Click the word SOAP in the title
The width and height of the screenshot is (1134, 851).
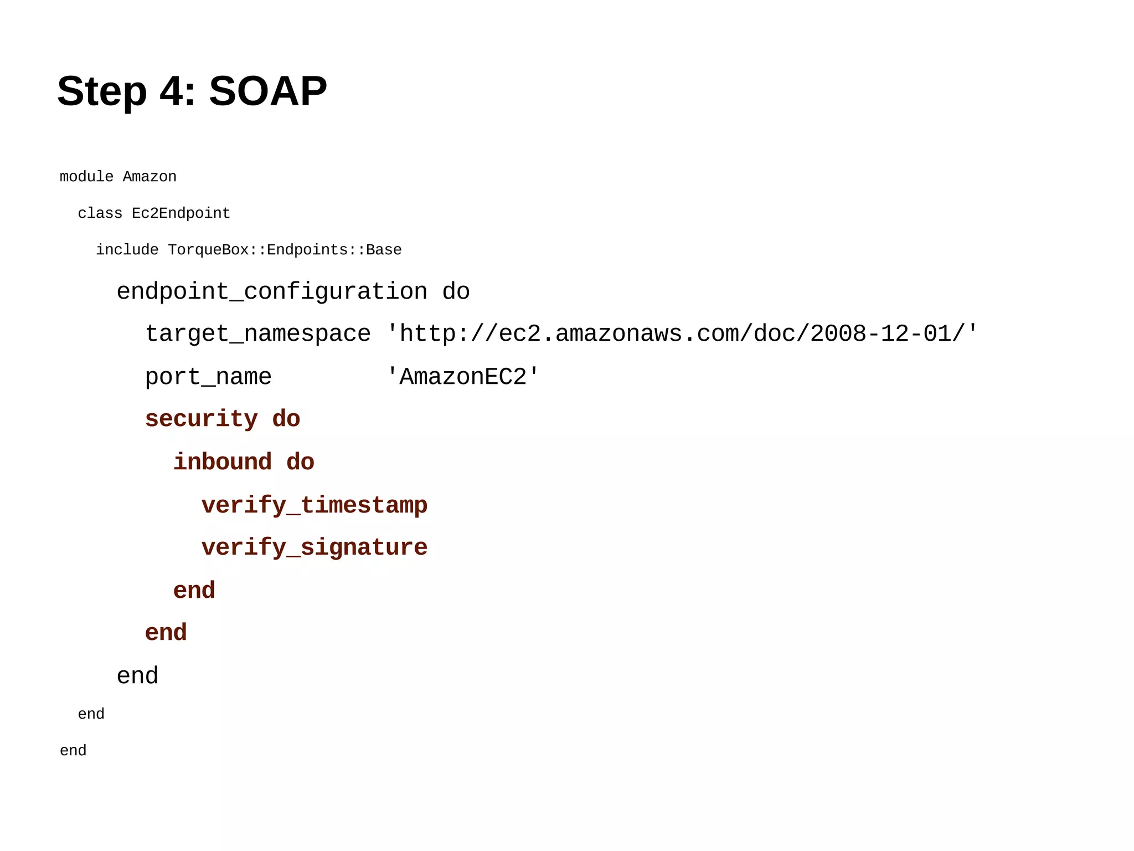click(267, 91)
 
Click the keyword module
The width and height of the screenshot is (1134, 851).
click(86, 177)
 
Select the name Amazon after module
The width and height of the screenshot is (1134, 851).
click(150, 177)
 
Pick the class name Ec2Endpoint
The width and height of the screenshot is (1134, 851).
click(181, 213)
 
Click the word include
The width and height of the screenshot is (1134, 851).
click(127, 250)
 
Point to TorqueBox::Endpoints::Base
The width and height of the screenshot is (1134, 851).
click(285, 250)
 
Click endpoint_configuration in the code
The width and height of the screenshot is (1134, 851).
click(272, 292)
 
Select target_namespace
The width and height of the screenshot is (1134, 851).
click(257, 334)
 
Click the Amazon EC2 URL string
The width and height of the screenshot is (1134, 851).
click(682, 334)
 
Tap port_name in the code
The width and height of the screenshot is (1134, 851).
click(208, 377)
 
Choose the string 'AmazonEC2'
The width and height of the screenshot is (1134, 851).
click(462, 377)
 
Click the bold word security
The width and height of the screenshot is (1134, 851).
click(202, 419)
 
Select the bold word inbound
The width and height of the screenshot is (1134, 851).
click(223, 463)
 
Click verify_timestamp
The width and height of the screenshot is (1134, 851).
click(315, 505)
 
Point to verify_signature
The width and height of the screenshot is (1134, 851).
click(315, 548)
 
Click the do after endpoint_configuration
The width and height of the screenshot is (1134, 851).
click(456, 292)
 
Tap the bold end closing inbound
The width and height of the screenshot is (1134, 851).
click(194, 591)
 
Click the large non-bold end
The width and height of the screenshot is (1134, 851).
click(137, 676)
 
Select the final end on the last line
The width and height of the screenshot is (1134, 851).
click(73, 751)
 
